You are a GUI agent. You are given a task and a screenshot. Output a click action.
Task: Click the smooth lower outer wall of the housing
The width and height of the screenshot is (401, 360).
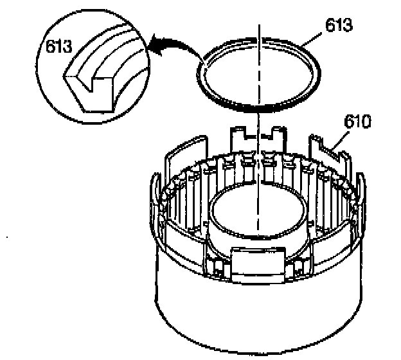(257, 315)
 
